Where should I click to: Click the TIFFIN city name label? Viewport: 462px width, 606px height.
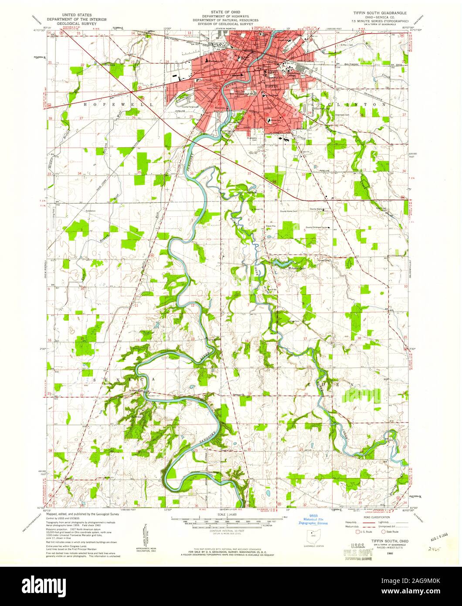pyautogui.click(x=271, y=86)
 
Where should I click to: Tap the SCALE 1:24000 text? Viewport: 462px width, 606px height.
pyautogui.click(x=229, y=514)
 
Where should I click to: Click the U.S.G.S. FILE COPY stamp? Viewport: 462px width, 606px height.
pyautogui.click(x=360, y=551)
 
